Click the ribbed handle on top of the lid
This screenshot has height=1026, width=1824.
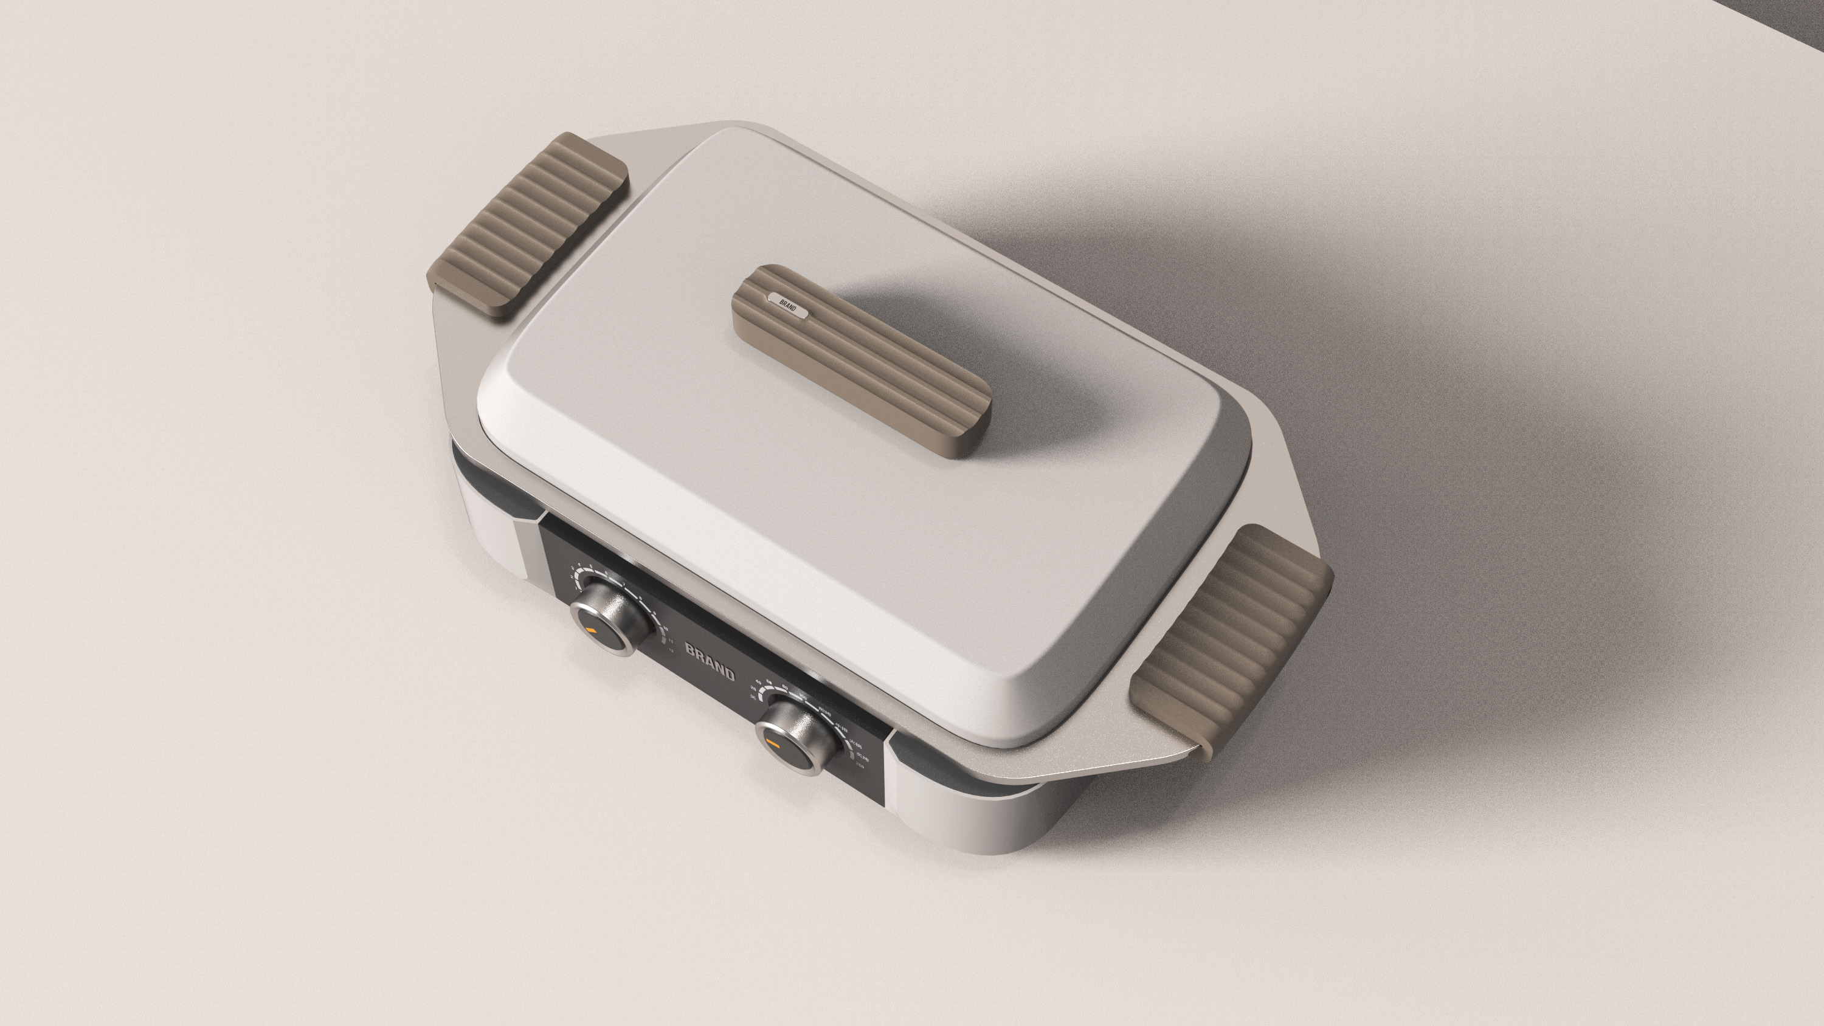(x=860, y=361)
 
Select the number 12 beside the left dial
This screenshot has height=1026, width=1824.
(x=671, y=649)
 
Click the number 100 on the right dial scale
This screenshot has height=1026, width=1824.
(x=801, y=697)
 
